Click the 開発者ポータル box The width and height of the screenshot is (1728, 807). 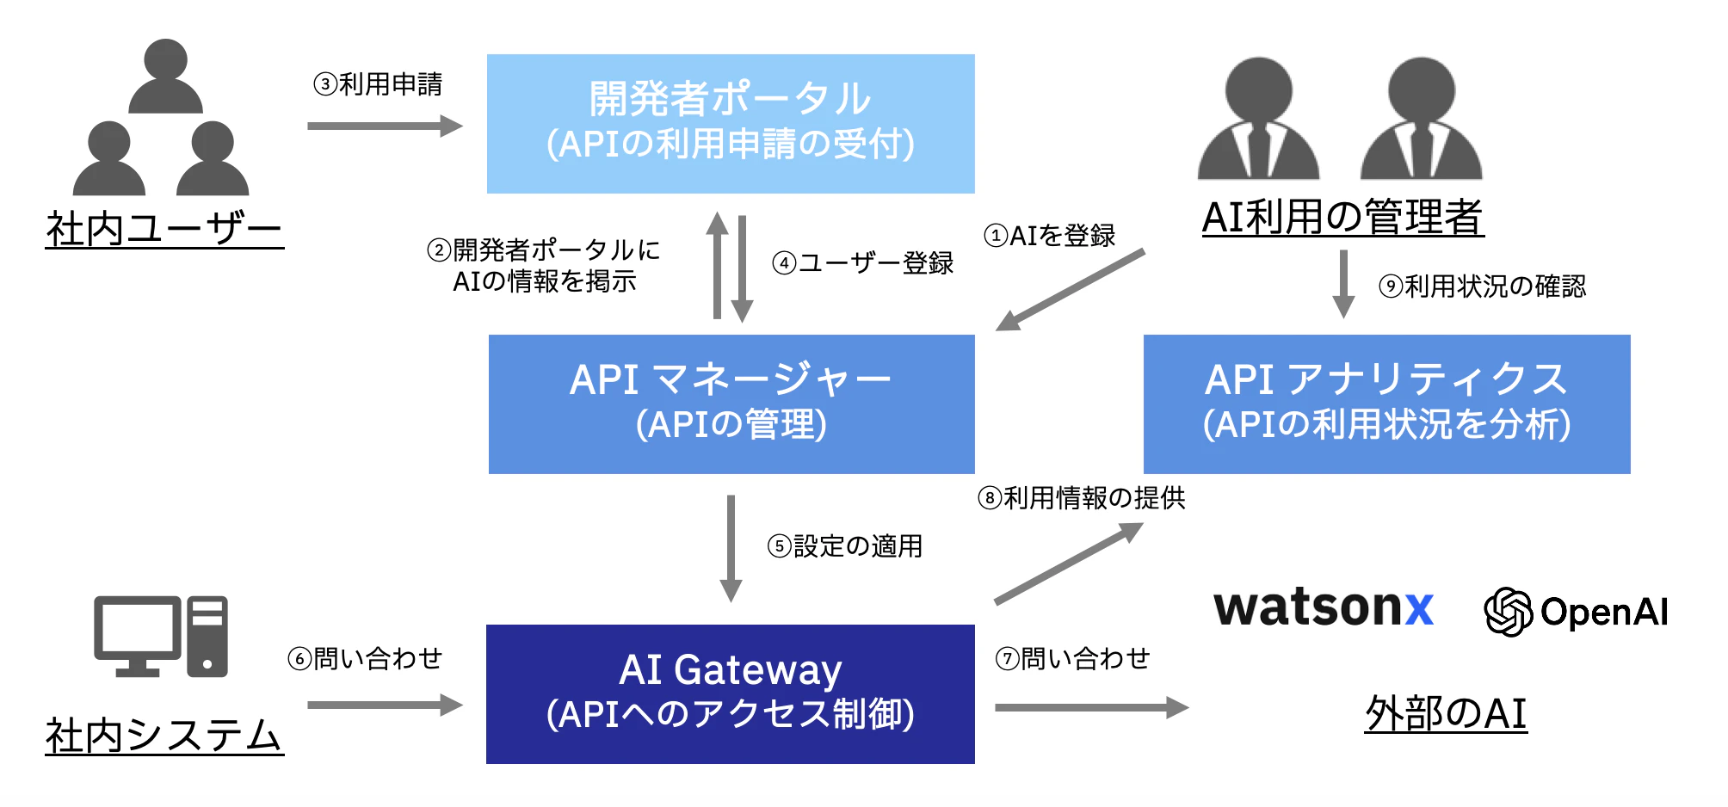click(730, 123)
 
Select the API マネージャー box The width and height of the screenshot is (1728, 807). click(731, 403)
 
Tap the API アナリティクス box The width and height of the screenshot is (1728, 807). click(1385, 403)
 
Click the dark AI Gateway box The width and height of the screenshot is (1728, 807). click(730, 693)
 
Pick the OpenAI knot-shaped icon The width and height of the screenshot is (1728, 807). click(1508, 612)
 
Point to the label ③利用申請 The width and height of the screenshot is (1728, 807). click(378, 84)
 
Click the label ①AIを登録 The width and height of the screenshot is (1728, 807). click(1049, 235)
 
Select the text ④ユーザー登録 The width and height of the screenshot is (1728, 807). click(862, 262)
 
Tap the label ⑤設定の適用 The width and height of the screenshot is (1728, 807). click(844, 545)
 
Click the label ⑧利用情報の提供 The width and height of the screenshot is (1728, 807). click(1081, 497)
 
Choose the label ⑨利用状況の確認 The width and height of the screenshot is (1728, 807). click(1482, 286)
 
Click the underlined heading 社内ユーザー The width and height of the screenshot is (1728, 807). click(164, 229)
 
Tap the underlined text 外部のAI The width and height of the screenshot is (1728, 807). click(1446, 713)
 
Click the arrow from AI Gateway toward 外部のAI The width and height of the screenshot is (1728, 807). click(1090, 707)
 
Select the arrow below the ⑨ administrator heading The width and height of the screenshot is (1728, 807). click(1342, 284)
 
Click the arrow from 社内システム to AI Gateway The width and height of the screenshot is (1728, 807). click(384, 705)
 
